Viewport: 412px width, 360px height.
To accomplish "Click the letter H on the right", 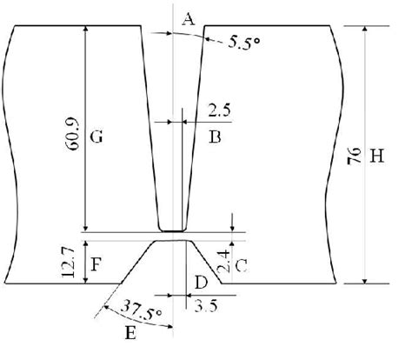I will [x=376, y=157].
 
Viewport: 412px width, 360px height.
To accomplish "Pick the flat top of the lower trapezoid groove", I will [x=171, y=241].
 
